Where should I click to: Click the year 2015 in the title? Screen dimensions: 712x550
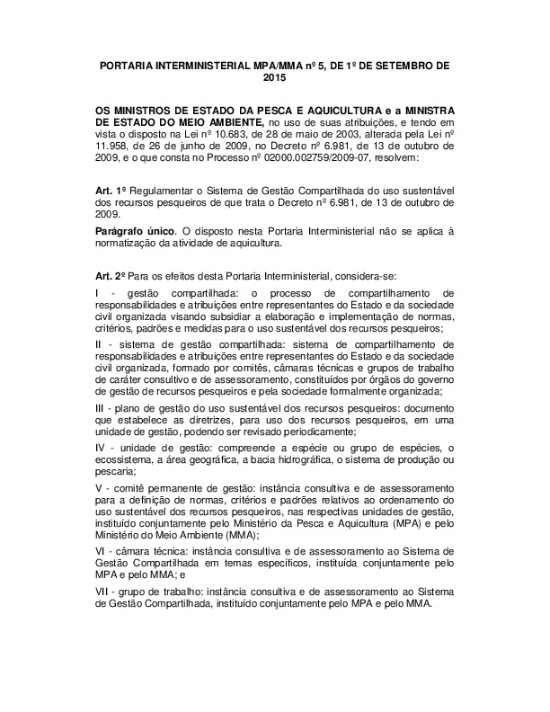click(274, 79)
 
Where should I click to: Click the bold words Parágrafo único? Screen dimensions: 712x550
click(133, 232)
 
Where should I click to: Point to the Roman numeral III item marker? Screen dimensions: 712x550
click(101, 409)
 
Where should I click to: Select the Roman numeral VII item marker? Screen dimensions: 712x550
click(103, 592)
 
